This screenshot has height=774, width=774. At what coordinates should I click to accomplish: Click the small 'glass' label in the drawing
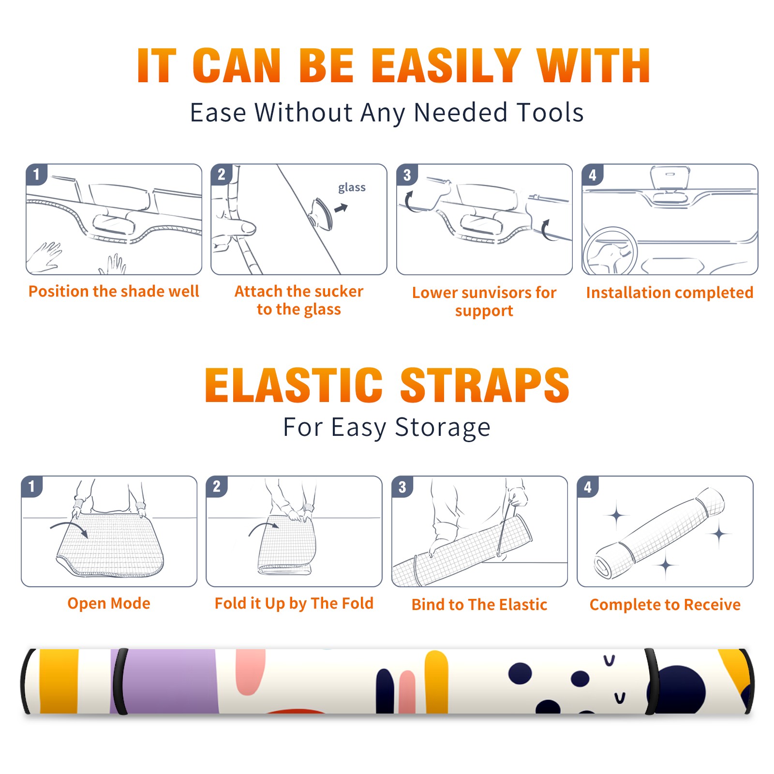tap(352, 188)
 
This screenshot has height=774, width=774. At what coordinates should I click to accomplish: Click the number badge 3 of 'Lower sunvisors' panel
tap(406, 175)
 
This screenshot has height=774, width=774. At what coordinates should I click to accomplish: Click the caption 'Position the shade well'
tap(114, 291)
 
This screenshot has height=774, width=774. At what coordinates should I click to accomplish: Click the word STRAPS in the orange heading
tap(485, 385)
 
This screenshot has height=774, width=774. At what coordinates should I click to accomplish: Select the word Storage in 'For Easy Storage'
tap(443, 428)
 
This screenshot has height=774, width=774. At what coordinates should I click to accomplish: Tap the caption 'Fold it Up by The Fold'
tap(294, 604)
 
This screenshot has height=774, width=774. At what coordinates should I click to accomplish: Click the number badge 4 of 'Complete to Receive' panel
tap(588, 487)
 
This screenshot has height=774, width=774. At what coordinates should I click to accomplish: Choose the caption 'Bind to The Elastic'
tap(479, 605)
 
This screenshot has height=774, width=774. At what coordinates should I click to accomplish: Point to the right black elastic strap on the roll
tap(651, 682)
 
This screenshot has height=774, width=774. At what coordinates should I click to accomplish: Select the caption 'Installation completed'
tap(670, 293)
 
